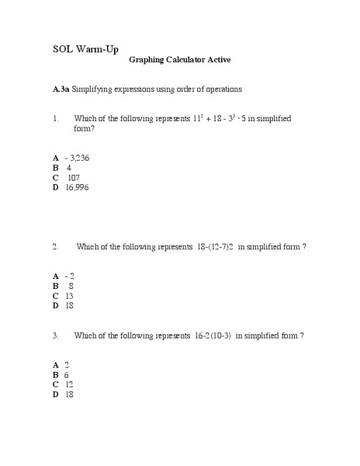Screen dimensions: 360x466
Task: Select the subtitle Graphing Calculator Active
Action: [x=179, y=60]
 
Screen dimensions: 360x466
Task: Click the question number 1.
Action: [x=56, y=119]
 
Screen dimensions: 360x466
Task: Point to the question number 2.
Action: [x=56, y=247]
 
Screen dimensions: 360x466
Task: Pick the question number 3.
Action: [x=56, y=336]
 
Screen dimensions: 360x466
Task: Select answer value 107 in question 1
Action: [x=74, y=177]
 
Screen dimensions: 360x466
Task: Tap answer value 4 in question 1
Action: [x=69, y=167]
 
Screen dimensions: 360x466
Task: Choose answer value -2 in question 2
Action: [x=70, y=276]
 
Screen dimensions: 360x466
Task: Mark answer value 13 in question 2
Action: [x=69, y=296]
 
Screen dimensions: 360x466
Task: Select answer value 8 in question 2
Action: [x=71, y=286]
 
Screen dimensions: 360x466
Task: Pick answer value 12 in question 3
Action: [x=69, y=384]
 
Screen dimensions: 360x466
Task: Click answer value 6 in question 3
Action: [x=67, y=374]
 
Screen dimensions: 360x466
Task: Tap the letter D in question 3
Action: [x=56, y=395]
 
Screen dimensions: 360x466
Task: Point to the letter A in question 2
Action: [x=56, y=276]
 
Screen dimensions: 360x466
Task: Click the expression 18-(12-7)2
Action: [x=216, y=247]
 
